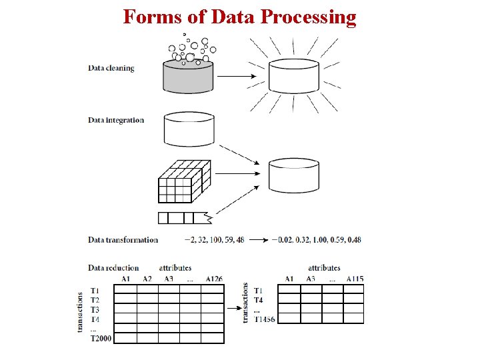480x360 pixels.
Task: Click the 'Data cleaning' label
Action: [111, 68]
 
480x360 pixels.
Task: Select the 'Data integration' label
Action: [116, 120]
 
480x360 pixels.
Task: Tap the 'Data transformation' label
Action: [123, 239]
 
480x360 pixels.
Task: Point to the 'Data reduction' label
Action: [113, 268]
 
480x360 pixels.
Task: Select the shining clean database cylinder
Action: [294, 75]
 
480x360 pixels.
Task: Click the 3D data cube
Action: [184, 180]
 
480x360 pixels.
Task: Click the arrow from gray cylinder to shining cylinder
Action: [237, 75]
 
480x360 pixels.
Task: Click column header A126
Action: [214, 279]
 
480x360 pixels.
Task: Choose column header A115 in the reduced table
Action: [355, 279]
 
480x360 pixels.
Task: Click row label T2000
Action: [101, 339]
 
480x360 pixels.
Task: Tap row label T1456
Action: [264, 319]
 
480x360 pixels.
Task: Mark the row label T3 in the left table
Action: [94, 309]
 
